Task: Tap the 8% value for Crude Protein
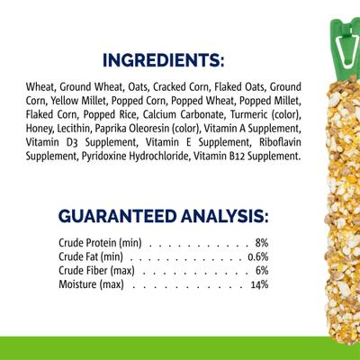(x=262, y=243)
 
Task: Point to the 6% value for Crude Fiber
(x=262, y=271)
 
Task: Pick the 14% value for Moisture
(x=260, y=285)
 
